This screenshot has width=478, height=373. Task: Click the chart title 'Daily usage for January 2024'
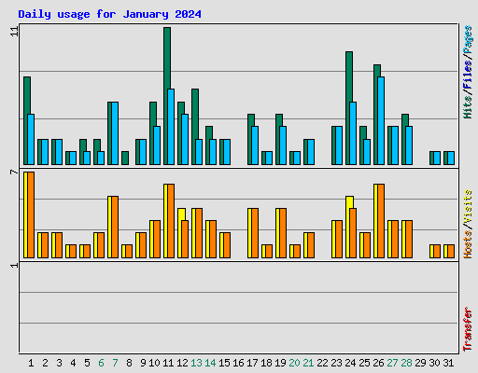109,14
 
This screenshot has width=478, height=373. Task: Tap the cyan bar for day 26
381,120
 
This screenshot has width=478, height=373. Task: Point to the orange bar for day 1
30,214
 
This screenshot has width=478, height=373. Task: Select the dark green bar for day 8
125,158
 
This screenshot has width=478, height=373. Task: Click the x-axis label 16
238,363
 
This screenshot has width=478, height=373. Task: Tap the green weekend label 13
196,363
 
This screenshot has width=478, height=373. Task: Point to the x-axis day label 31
448,363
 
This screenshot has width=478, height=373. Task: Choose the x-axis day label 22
322,363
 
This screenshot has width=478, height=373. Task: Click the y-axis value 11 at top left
14,32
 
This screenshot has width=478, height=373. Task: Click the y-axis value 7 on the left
14,173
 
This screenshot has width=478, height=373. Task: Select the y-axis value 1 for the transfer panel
14,266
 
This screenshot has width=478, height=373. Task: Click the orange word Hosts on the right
468,241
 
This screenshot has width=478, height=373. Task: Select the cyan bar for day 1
31,139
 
